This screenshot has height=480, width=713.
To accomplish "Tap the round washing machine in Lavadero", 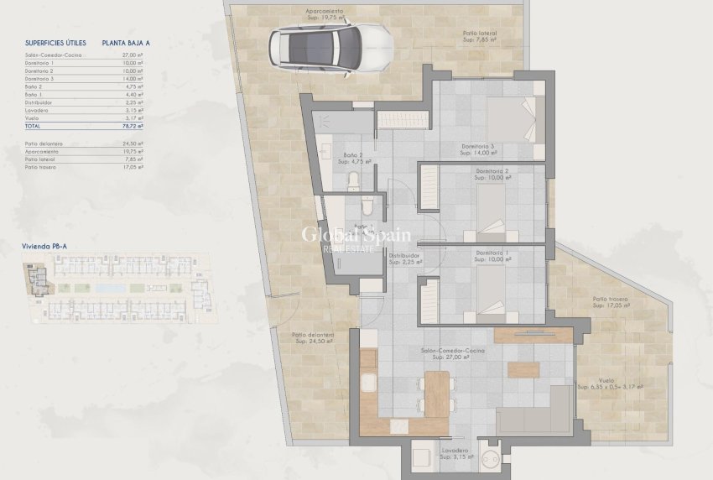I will click(x=492, y=458).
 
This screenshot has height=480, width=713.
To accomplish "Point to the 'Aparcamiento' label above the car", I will click(x=324, y=11).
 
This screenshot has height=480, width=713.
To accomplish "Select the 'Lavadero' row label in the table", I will click(x=37, y=110).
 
